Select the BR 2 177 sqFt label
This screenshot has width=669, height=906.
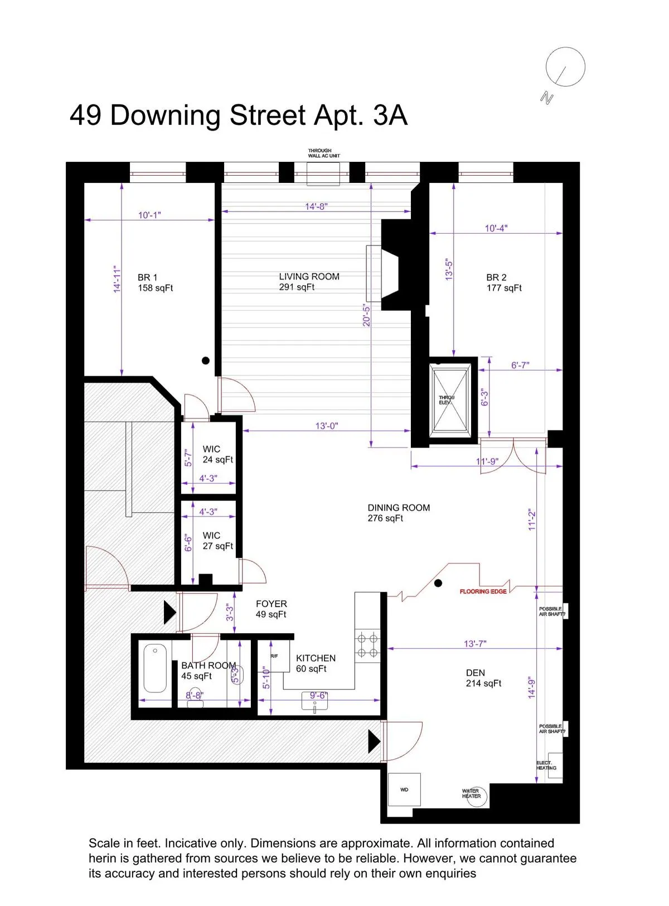click(x=503, y=282)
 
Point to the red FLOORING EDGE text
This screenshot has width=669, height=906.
click(x=483, y=591)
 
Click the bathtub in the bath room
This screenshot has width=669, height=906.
click(x=155, y=668)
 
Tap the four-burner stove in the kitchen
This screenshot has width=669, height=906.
click(x=367, y=645)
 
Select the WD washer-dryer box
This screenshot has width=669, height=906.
click(x=404, y=789)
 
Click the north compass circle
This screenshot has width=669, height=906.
click(x=565, y=67)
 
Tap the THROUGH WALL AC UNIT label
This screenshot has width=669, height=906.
click(x=323, y=153)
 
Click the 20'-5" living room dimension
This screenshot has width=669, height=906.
click(x=366, y=315)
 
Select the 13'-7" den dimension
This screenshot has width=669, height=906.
click(x=475, y=643)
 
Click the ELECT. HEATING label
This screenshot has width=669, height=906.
click(x=546, y=765)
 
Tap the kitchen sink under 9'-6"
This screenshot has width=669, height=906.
click(x=314, y=704)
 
